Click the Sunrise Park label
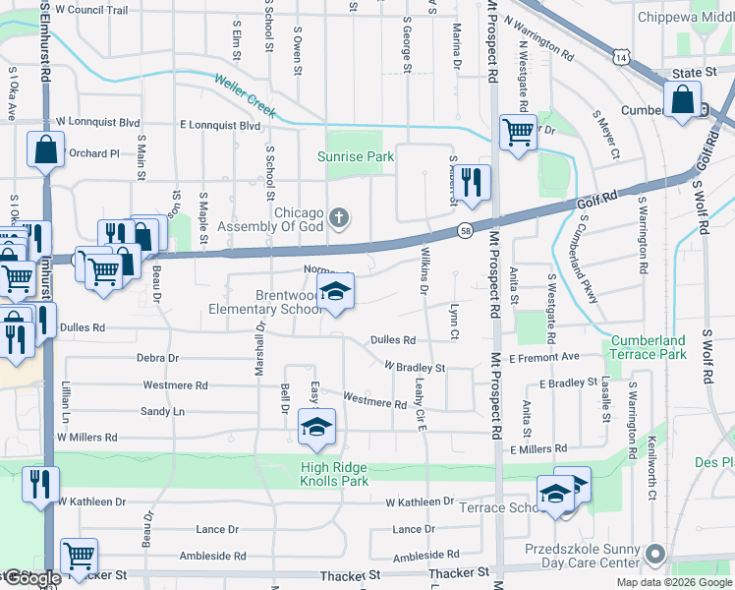coord(355,156)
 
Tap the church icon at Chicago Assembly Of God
coord(338,216)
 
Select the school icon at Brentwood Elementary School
coord(336,292)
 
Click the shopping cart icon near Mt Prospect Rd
coord(517,131)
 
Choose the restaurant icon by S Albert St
coord(473,182)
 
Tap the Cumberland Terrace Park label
coord(648,346)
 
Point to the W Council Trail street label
coord(92,10)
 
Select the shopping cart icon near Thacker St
coord(78,556)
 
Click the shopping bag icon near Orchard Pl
coord(46,151)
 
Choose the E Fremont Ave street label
coord(544,358)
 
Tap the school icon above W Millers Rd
coord(316,427)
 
